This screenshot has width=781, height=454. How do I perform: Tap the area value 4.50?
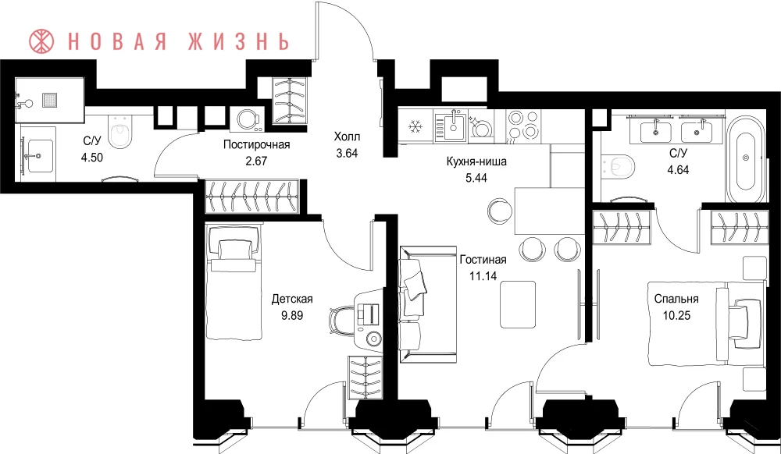click(x=91, y=158)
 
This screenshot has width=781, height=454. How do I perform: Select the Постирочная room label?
click(x=256, y=145)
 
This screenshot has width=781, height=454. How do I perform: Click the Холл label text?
click(x=347, y=137)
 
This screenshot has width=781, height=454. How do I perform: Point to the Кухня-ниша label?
click(x=476, y=161)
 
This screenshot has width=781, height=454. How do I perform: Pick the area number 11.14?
click(x=483, y=275)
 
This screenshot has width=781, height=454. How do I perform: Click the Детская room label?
click(x=292, y=299)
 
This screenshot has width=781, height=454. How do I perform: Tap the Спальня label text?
click(x=676, y=299)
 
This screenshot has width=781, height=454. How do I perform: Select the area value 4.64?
click(x=679, y=169)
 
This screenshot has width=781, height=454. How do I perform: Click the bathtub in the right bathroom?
click(x=745, y=159)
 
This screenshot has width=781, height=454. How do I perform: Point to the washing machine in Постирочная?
click(x=247, y=120)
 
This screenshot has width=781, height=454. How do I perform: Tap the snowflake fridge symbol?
click(x=415, y=127)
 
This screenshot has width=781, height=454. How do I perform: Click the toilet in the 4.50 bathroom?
click(x=119, y=132)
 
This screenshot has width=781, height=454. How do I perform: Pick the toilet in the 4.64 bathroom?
click(x=618, y=165)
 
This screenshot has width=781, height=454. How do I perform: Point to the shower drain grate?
click(x=50, y=99)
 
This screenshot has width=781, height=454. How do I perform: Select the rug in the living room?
click(x=518, y=304)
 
